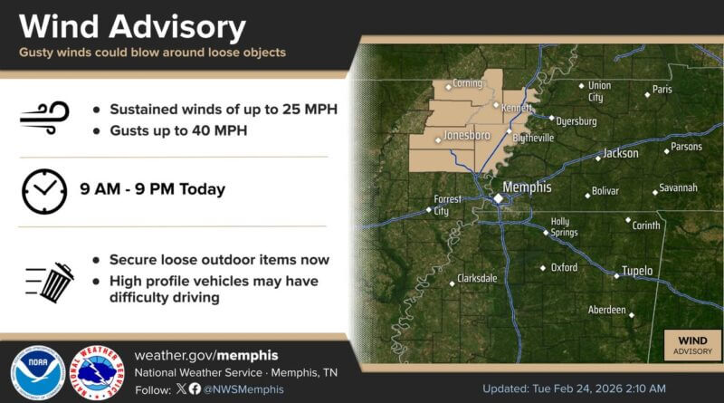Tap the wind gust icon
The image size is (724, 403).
click(43, 117)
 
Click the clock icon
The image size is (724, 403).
click(43, 190)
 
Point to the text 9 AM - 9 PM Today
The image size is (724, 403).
click(152, 190)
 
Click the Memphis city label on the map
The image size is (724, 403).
click(527, 187)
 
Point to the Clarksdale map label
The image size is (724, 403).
click(478, 278)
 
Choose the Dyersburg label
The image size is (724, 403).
click(576, 120)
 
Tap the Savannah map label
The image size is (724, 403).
click(678, 187)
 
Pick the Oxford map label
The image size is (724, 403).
click(564, 267)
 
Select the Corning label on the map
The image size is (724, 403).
click(467, 83)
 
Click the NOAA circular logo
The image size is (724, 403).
click(37, 372)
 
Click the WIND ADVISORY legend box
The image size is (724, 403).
click(691, 345)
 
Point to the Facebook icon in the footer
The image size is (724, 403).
click(195, 389)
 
